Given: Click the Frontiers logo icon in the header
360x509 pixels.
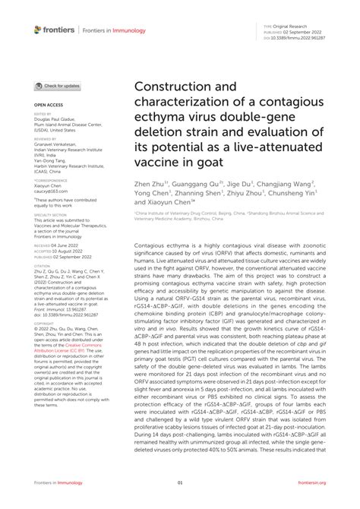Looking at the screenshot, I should pyautogui.click(x=38, y=29).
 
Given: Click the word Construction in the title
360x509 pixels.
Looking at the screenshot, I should pyautogui.click(x=172, y=86).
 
